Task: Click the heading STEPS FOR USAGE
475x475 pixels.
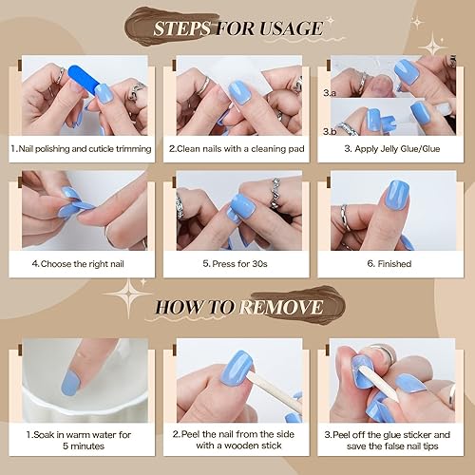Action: coord(238,28)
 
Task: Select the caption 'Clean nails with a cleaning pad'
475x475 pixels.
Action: coord(237,149)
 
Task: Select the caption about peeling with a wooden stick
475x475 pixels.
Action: coord(237,440)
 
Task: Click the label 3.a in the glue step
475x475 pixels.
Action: coord(330,93)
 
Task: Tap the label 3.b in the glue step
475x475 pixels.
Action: coord(330,130)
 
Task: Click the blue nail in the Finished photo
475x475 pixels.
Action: coord(396,196)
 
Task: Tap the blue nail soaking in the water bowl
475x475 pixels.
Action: coord(69,380)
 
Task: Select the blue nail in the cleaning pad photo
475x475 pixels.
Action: coord(237,92)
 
